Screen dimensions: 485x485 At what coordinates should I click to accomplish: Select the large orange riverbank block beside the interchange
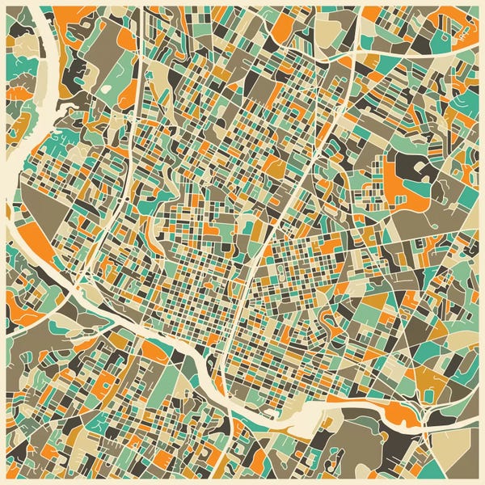tap(401, 414)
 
